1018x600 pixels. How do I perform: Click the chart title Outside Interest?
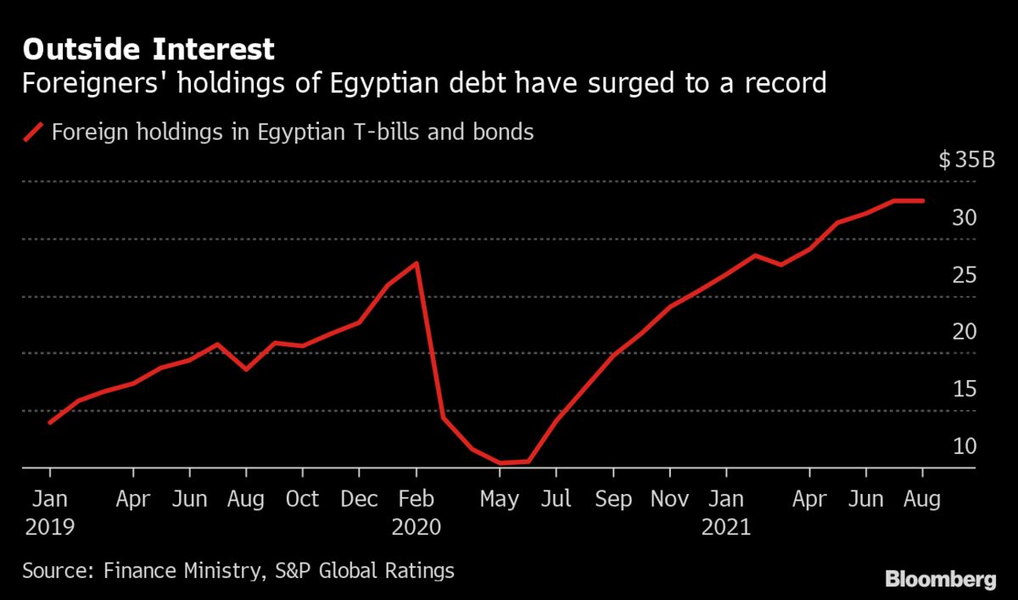(148, 49)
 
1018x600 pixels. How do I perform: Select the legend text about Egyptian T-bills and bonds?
(293, 132)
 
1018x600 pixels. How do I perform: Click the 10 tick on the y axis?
(965, 446)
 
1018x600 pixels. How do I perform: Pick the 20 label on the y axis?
(965, 332)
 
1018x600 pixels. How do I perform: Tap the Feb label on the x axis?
(416, 500)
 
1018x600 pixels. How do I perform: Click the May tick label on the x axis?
(499, 500)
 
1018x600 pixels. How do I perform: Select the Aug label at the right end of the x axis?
(922, 500)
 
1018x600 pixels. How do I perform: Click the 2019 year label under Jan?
(49, 527)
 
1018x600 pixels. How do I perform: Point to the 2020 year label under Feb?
(416, 527)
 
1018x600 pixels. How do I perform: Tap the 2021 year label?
(726, 527)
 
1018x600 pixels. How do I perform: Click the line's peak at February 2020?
(416, 263)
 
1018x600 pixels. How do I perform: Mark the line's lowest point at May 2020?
(501, 463)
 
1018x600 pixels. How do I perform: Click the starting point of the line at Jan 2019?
(50, 423)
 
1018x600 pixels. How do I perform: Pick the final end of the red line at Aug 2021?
(922, 201)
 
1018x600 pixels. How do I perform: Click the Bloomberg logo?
(940, 580)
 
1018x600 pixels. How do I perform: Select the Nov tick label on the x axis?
(669, 500)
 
